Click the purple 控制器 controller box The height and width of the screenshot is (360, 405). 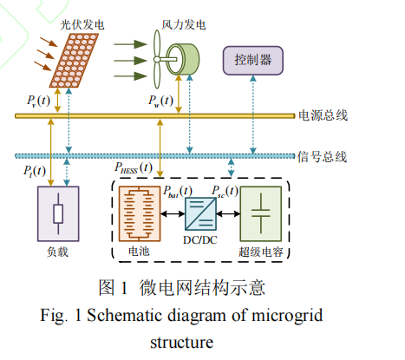[253, 61]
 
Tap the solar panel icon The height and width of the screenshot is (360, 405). [74, 61]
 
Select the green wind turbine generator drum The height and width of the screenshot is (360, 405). [183, 59]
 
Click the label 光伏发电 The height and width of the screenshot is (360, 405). [82, 25]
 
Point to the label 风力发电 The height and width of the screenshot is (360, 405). [184, 25]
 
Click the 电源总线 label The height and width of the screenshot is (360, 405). [323, 115]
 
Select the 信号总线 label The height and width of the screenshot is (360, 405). [322, 157]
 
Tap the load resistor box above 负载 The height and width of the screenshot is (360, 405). [58, 213]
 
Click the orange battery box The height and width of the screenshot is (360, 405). [140, 213]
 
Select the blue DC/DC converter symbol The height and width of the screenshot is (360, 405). [200, 213]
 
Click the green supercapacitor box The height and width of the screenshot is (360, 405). [261, 213]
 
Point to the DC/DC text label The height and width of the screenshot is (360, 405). [200, 240]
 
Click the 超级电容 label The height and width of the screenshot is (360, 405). [261, 252]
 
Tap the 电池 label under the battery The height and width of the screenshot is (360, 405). [139, 251]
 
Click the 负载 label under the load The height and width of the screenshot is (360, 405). [57, 252]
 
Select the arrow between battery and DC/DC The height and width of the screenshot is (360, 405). [173, 214]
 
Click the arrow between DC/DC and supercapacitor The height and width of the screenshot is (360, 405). [228, 214]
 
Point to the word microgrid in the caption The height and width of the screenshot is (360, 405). [287, 316]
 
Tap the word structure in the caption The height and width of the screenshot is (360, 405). [182, 343]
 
